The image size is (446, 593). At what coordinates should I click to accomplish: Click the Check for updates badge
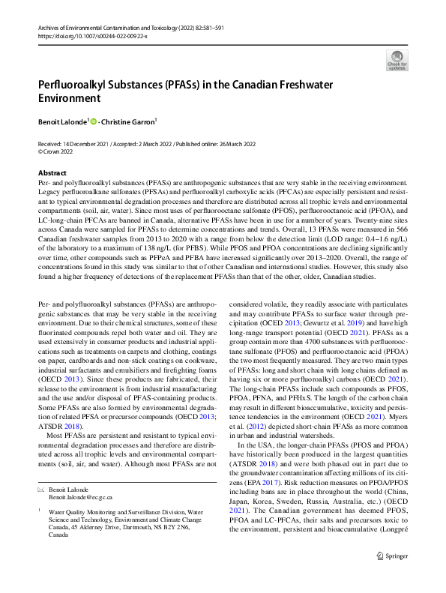pyautogui.click(x=397, y=59)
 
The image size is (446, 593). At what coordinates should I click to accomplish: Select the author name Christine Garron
pyautogui.click(x=128, y=120)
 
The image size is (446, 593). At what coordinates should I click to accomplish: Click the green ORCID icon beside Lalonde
pyautogui.click(x=94, y=120)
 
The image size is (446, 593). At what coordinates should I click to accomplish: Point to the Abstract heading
pyautogui.click(x=52, y=172)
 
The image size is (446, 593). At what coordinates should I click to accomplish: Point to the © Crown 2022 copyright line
pyautogui.click(x=56, y=151)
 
